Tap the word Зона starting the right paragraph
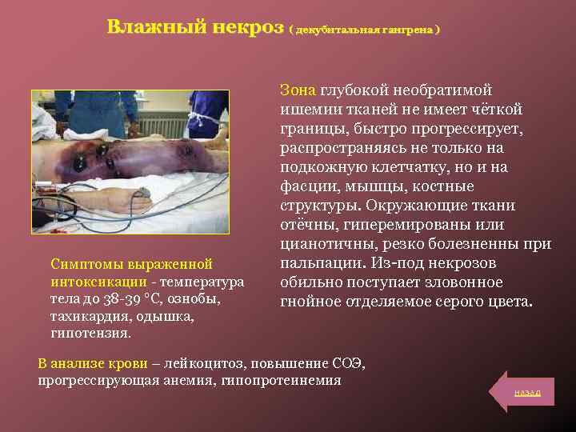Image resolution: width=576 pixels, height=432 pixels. (298, 90)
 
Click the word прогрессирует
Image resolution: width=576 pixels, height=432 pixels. (470, 129)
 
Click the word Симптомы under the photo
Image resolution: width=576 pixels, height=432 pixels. (86, 264)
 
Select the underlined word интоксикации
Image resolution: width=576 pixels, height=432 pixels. (98, 282)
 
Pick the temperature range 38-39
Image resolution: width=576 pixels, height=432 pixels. (106, 299)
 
